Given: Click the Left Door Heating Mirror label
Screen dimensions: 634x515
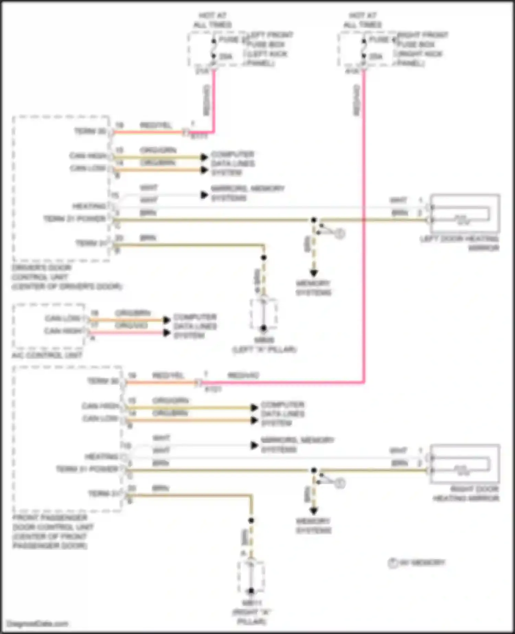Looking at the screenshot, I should (x=459, y=243).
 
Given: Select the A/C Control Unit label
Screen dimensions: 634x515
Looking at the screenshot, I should (x=47, y=355).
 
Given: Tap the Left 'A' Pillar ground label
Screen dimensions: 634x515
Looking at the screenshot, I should (x=264, y=345).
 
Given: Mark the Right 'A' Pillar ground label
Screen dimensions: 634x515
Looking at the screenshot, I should (x=252, y=612).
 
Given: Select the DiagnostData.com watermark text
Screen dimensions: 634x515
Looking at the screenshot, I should (x=37, y=624).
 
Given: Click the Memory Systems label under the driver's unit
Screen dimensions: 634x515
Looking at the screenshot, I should (x=313, y=288).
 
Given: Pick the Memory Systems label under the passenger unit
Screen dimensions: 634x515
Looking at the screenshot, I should (x=313, y=525).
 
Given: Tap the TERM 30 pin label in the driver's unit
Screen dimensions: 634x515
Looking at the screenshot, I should (x=90, y=131).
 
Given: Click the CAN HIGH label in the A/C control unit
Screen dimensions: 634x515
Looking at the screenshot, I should (x=63, y=331).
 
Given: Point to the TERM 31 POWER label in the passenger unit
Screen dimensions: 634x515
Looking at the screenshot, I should (x=87, y=469).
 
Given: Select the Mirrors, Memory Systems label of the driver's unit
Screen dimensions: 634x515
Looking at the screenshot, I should (x=247, y=193).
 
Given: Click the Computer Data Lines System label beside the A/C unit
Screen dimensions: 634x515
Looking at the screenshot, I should (x=195, y=326).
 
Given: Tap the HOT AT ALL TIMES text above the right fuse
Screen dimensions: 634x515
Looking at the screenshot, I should (x=363, y=20).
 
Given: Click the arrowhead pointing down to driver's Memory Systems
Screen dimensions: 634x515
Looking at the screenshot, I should (x=313, y=273).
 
